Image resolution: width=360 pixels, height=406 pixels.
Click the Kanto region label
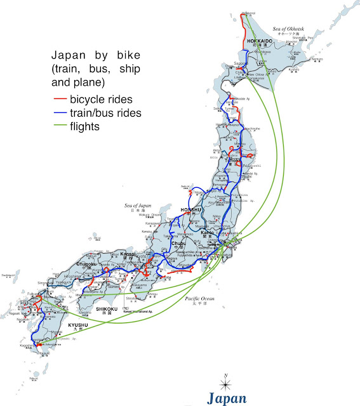coord(206,233)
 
